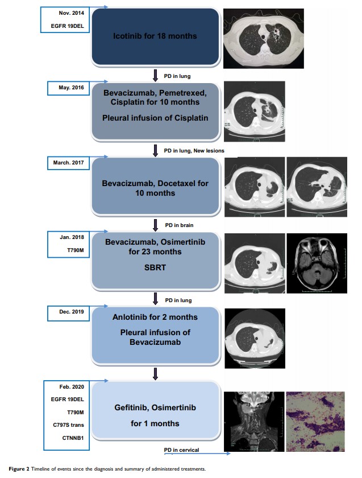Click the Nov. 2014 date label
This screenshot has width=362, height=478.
(x=69, y=13)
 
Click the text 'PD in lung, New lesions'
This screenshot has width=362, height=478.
(x=194, y=151)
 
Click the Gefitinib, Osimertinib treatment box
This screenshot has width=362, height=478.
(x=155, y=415)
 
